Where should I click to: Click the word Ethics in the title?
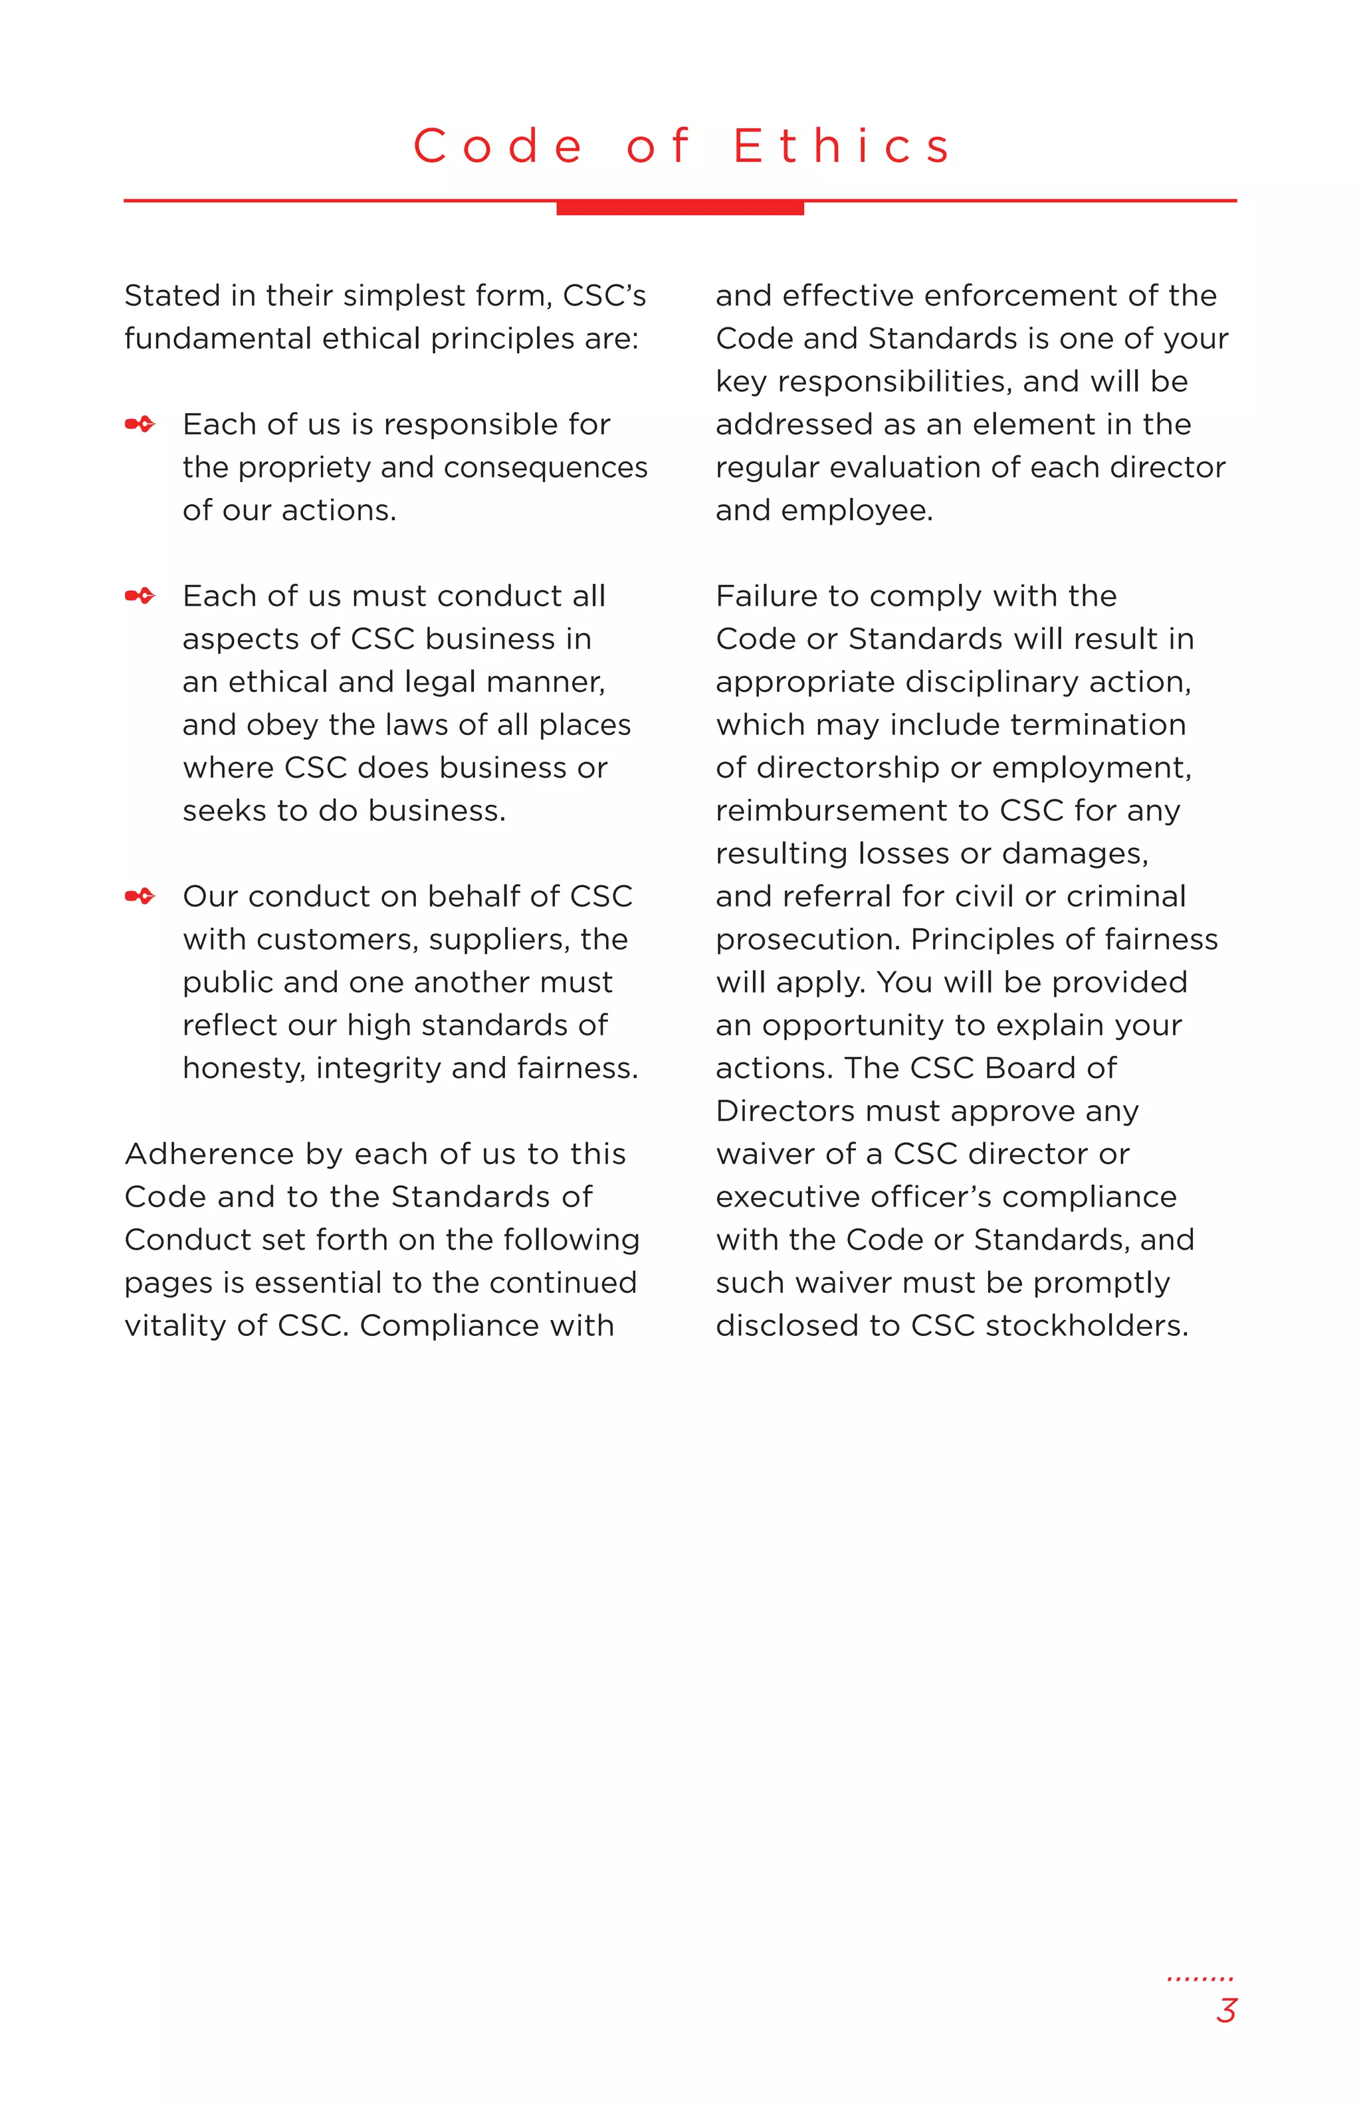[x=843, y=147]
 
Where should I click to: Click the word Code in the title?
[x=498, y=147]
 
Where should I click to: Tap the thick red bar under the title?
[x=679, y=209]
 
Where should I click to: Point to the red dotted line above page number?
[x=1200, y=1978]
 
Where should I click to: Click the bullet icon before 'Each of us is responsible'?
[x=140, y=424]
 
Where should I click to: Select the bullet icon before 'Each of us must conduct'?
[x=140, y=596]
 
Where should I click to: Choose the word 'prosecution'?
[x=806, y=939]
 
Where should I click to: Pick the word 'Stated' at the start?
[x=172, y=295]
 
